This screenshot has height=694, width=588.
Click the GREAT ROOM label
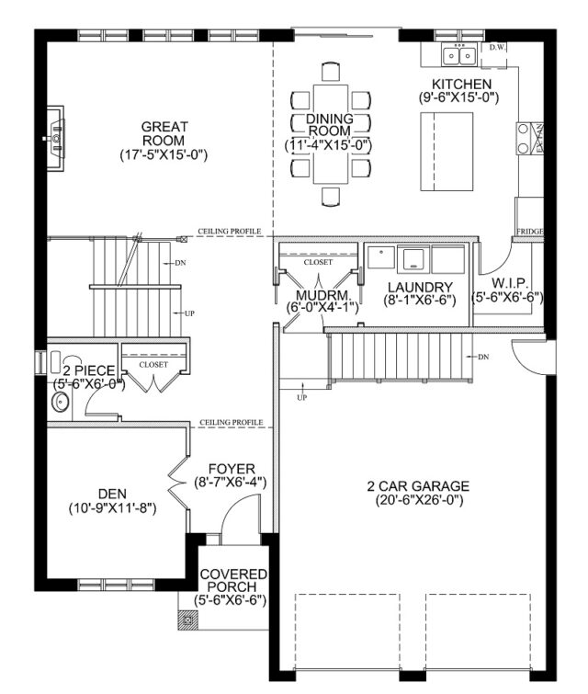164,133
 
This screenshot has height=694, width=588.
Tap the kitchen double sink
458,55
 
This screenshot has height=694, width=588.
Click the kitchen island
447,152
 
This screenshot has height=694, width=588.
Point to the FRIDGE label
529,232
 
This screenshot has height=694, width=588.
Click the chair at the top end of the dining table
331,72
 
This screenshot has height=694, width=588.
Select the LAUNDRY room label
420,288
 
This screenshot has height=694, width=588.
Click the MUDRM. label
323,295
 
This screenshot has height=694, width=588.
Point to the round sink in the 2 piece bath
60,403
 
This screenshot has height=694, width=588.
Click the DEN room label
112,494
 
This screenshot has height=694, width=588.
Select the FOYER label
232,469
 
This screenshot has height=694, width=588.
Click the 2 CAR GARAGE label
418,486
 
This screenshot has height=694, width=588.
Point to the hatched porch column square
187,620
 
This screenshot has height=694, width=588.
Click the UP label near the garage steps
301,397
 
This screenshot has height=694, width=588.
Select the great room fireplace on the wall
55,138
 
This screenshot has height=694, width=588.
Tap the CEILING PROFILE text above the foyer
231,422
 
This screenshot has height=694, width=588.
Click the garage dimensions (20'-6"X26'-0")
419,501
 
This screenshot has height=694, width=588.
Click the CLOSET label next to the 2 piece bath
153,365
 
